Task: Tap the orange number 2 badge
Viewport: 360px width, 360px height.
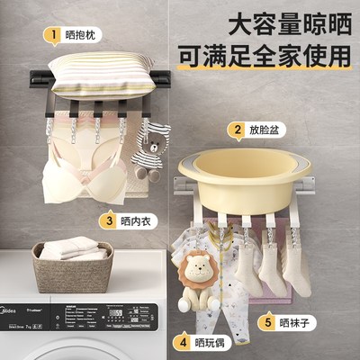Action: click(238, 131)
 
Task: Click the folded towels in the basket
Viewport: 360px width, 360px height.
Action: click(67, 247)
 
